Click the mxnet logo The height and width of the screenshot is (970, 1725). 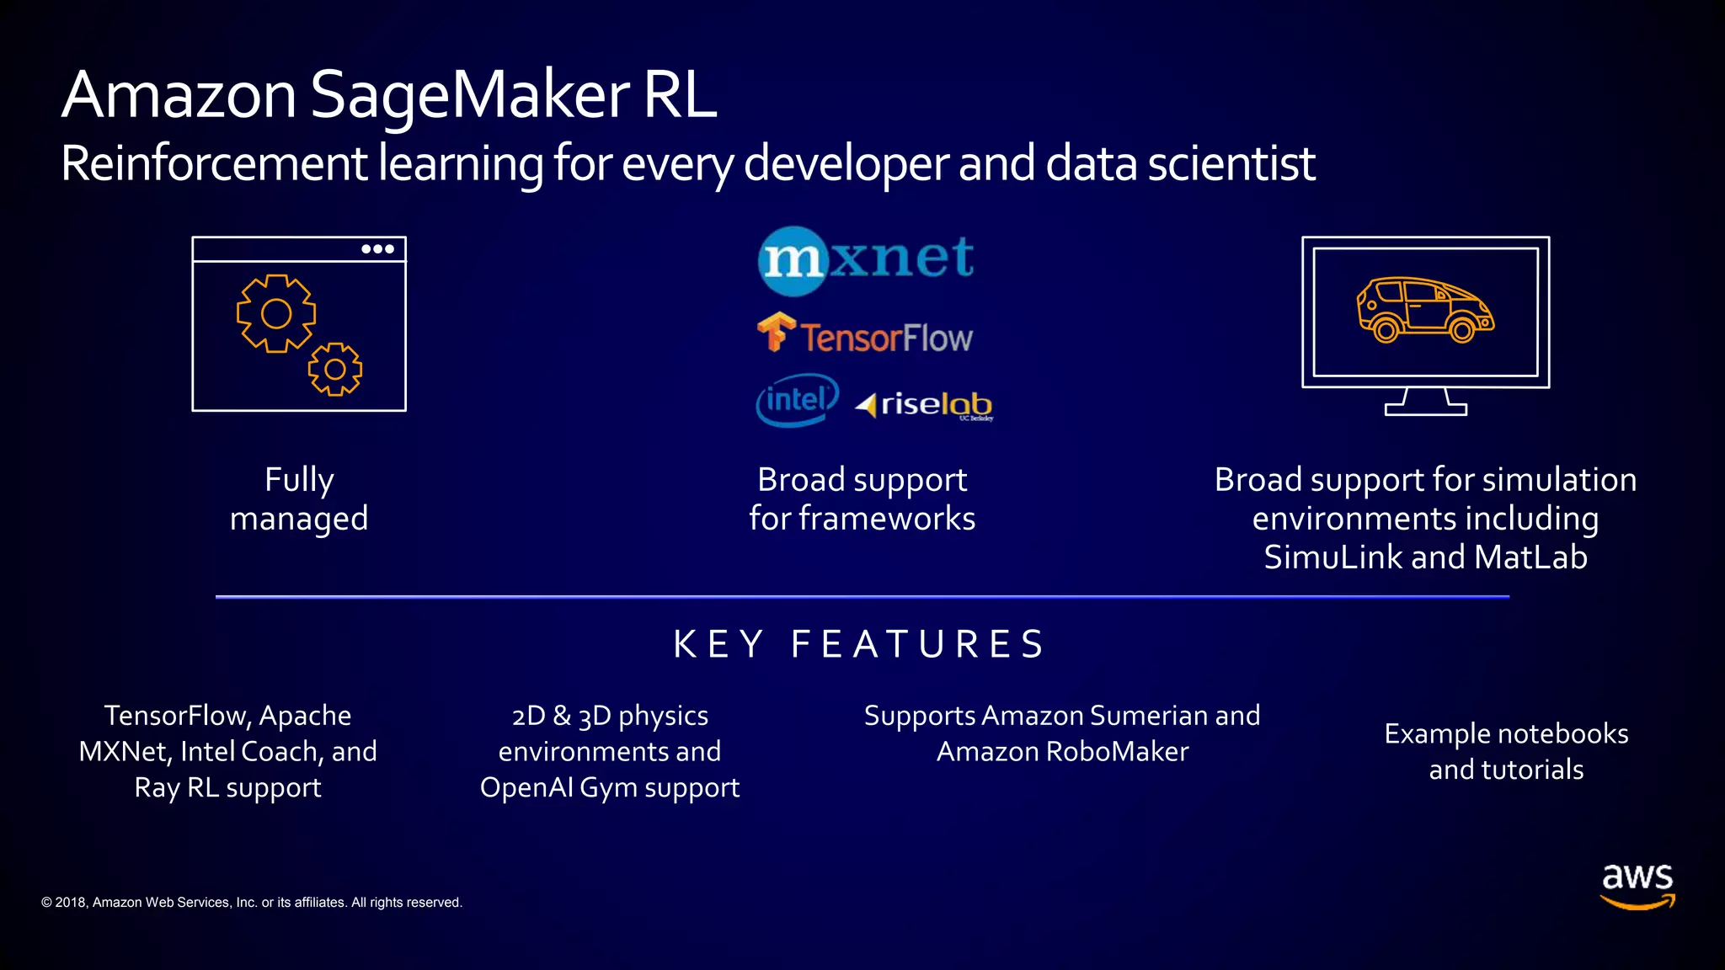(866, 259)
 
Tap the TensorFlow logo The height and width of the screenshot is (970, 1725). (864, 335)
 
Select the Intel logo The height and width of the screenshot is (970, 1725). (797, 400)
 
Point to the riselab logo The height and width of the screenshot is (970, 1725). (925, 405)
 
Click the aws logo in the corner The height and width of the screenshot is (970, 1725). (1637, 886)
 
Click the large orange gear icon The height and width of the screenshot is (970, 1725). (276, 313)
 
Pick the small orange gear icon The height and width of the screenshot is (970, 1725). (335, 369)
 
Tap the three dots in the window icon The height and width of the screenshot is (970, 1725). (377, 249)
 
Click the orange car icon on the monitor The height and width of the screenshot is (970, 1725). (1424, 310)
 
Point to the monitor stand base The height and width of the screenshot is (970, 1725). (1425, 409)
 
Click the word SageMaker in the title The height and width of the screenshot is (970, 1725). (470, 94)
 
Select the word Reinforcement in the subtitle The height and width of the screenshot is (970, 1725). (214, 163)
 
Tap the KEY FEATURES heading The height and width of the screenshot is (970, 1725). (859, 645)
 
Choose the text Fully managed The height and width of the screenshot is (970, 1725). (299, 499)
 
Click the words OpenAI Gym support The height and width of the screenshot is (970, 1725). (609, 788)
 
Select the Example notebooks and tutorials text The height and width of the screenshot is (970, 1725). (1506, 751)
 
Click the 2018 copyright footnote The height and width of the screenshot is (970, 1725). (252, 903)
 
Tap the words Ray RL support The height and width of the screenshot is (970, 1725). (227, 788)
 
